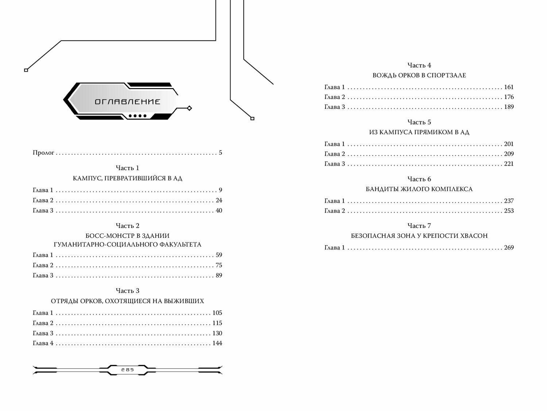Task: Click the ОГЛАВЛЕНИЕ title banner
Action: tap(127, 102)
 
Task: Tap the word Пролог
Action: tap(43, 153)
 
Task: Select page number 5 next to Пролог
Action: tap(220, 153)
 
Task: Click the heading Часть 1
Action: tap(127, 168)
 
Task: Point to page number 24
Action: tap(219, 200)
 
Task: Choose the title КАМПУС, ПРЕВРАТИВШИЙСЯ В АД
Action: tap(127, 178)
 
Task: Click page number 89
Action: tap(219, 275)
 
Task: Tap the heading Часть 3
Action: tap(127, 291)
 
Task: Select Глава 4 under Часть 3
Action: tap(43, 343)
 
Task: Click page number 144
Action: tap(217, 343)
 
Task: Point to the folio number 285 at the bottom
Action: tap(128, 370)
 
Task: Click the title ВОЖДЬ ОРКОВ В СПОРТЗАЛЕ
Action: tap(419, 75)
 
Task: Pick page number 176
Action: tap(509, 97)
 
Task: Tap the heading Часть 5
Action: tap(419, 122)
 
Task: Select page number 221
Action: tap(509, 164)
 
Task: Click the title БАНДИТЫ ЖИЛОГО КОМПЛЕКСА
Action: tap(419, 189)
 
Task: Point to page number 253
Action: tap(509, 211)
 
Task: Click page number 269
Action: tap(509, 247)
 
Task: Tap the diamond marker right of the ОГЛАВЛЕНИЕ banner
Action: tap(189, 108)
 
